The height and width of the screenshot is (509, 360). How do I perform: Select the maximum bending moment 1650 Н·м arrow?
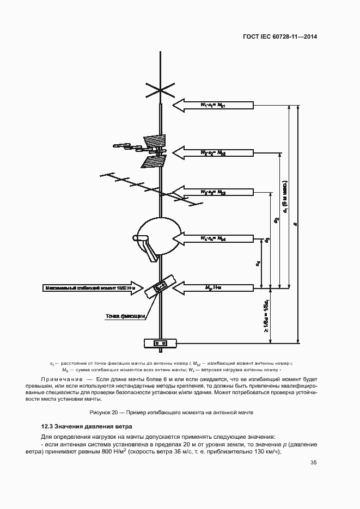pyautogui.click(x=92, y=287)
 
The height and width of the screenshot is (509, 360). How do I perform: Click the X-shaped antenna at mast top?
pyautogui.click(x=160, y=88)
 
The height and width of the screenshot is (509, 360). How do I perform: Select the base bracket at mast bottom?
pyautogui.click(x=160, y=344)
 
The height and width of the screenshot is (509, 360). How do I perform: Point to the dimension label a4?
pyautogui.click(x=257, y=263)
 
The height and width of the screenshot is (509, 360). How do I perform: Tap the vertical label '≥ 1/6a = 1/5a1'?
pyautogui.click(x=266, y=316)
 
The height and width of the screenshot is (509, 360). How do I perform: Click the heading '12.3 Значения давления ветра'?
pyautogui.click(x=87, y=426)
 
